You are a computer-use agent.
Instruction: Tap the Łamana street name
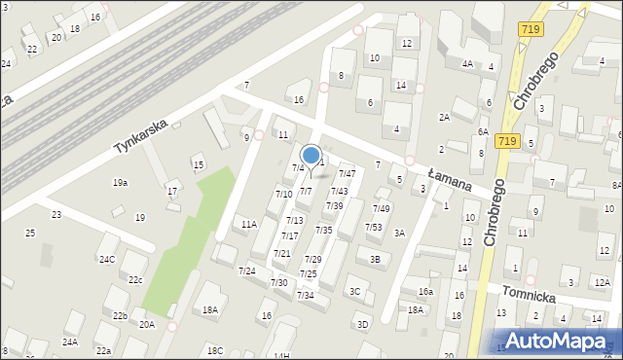(449, 178)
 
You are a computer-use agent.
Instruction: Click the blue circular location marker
(311, 155)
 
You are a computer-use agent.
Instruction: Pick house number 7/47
(347, 174)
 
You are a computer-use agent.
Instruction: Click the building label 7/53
(374, 228)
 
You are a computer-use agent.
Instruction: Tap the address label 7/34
(306, 295)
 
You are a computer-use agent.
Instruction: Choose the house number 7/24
(247, 270)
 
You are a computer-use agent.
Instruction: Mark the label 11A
(249, 225)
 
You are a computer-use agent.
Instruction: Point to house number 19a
(120, 183)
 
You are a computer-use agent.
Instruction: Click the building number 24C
(106, 259)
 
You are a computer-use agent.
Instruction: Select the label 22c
(135, 280)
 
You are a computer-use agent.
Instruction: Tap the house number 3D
(363, 324)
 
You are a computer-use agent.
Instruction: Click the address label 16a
(425, 292)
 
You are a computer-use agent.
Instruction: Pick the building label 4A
(468, 64)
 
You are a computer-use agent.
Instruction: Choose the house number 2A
(444, 118)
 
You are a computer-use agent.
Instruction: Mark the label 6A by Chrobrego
(483, 131)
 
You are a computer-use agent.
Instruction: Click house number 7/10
(283, 195)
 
